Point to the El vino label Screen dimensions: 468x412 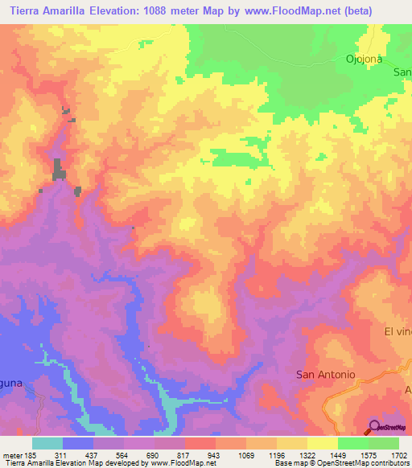398,332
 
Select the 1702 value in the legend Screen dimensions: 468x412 398,455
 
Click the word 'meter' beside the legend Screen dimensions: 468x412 12,455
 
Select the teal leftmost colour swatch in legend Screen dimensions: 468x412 47,443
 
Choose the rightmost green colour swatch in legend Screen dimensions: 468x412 384,443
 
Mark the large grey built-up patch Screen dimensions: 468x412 59,170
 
